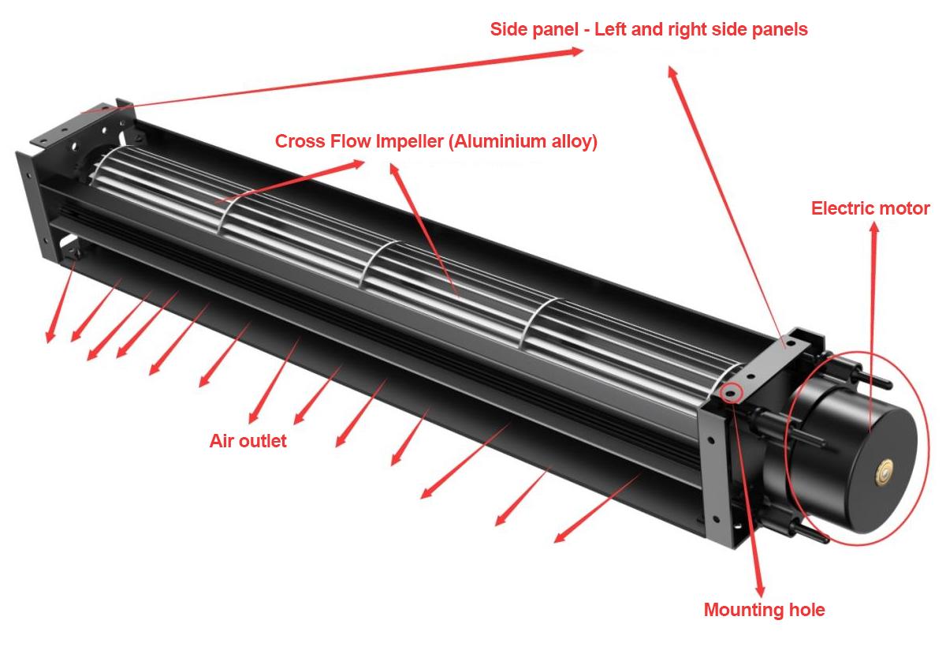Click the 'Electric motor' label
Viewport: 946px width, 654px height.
tap(870, 209)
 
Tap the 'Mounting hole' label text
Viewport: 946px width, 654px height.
tap(764, 610)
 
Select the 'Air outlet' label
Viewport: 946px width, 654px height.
tap(248, 441)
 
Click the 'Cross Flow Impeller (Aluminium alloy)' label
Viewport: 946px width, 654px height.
tap(436, 142)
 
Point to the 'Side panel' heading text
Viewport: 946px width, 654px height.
tap(649, 30)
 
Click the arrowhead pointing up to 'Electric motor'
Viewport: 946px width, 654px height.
tap(873, 230)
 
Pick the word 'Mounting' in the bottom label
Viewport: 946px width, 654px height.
tap(743, 610)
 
